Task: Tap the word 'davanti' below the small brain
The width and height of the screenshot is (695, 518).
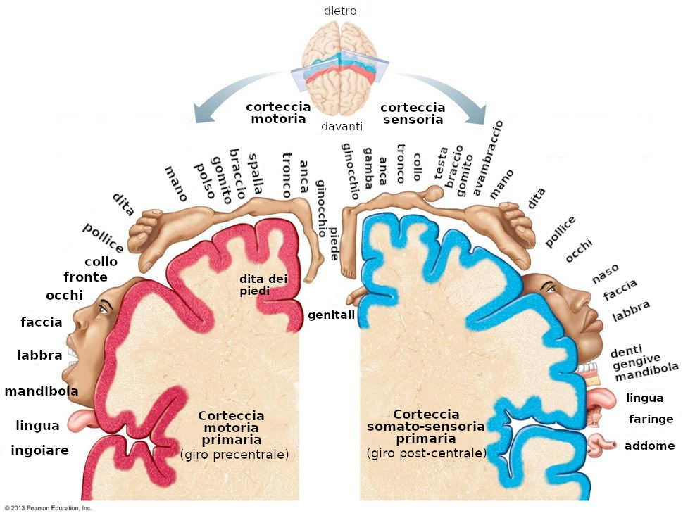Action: coord(342,127)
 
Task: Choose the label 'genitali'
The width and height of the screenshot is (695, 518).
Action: coord(331,315)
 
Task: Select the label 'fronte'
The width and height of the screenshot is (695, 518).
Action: coord(85,277)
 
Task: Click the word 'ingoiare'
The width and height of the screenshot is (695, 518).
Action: coord(39,450)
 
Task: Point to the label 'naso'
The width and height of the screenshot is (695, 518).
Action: coord(605,272)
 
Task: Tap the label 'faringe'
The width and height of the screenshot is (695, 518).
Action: coord(651,419)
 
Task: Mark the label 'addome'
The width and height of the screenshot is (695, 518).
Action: coord(649,446)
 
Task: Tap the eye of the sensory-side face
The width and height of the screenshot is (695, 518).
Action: coord(550,289)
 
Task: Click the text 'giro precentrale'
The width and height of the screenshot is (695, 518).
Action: coord(234,454)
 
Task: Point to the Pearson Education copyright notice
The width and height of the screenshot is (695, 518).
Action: coord(48,507)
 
